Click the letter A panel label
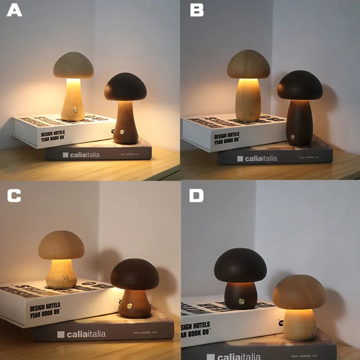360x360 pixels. click(x=14, y=10)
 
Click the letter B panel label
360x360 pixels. click(x=197, y=10)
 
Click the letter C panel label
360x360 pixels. click(x=14, y=196)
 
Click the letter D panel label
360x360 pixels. click(x=197, y=196)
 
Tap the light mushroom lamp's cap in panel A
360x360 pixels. click(x=73, y=66)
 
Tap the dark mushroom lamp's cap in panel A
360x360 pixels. click(x=126, y=87)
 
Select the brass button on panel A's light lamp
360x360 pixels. click(x=76, y=110)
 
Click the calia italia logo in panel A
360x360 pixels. click(x=85, y=155)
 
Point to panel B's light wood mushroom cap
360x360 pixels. click(x=248, y=64)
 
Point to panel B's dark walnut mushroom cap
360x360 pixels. click(x=300, y=85)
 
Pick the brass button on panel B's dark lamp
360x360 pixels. click(x=292, y=137)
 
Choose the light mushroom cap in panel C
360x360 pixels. click(x=61, y=245)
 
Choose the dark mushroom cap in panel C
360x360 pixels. click(x=135, y=274)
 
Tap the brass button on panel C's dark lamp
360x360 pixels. click(x=130, y=306)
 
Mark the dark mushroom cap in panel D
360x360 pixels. click(x=240, y=265)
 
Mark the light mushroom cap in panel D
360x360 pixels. click(x=299, y=292)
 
